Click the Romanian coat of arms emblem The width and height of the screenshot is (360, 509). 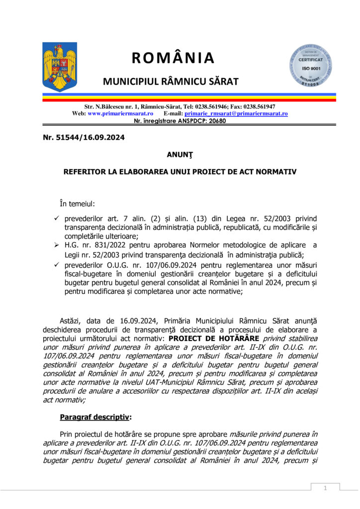(x=60, y=67)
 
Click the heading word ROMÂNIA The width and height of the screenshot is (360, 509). (x=173, y=58)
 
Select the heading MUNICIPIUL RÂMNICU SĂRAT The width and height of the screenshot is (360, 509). (x=171, y=81)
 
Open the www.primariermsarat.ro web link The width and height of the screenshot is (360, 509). (x=120, y=113)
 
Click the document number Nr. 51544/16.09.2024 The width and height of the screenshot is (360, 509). (x=84, y=137)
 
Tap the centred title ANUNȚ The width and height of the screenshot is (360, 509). (x=180, y=155)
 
